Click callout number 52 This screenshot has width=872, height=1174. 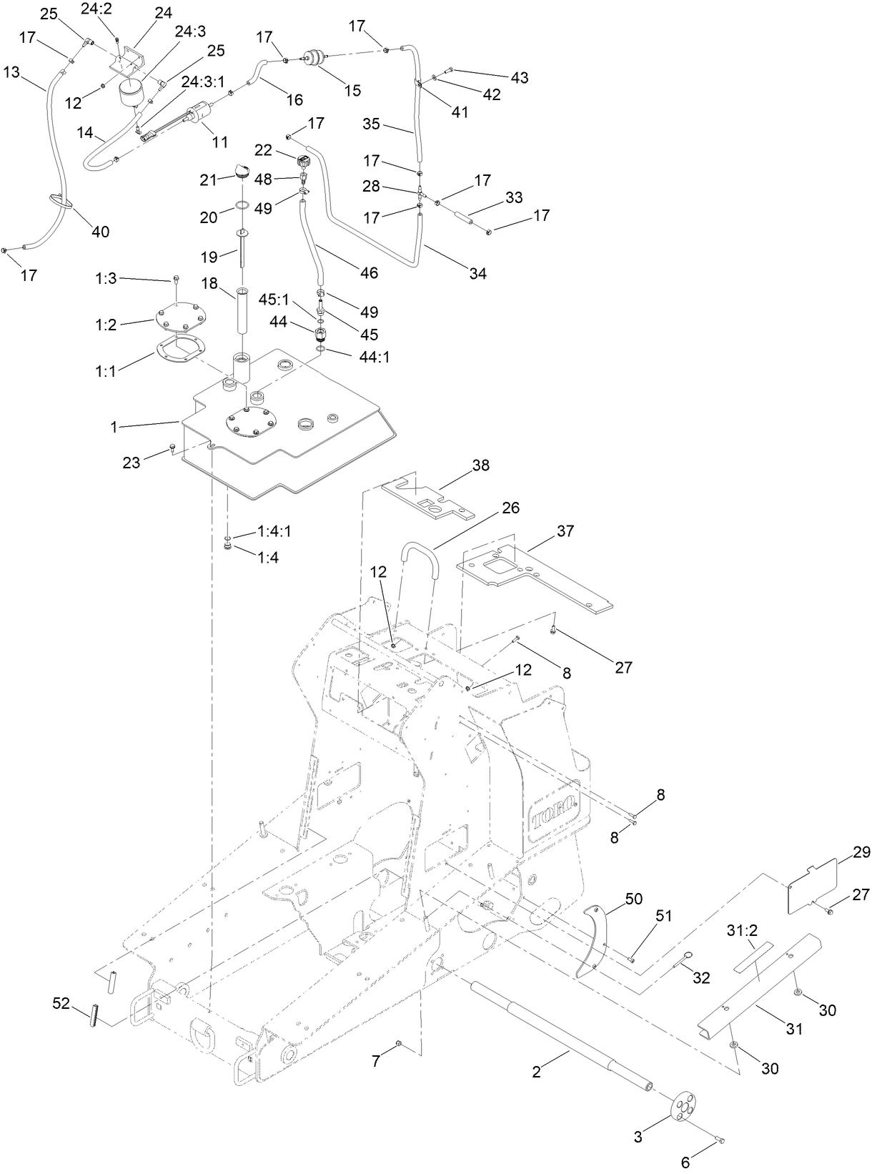coord(61,1004)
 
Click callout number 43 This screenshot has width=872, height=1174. coord(519,77)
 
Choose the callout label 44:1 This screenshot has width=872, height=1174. coord(375,356)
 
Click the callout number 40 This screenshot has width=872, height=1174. coord(100,231)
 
